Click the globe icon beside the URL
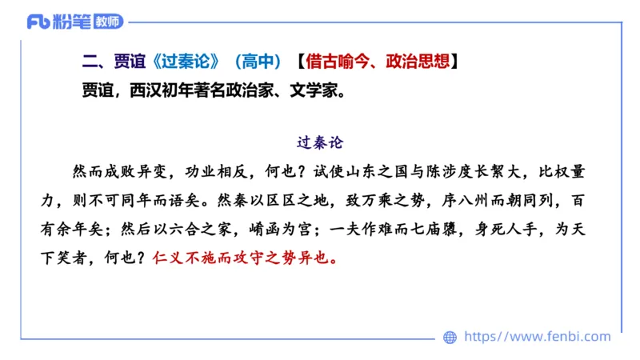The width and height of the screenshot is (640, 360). point(450,338)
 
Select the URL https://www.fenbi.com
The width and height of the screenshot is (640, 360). point(537,337)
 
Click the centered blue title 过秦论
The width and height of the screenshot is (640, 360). point(319,143)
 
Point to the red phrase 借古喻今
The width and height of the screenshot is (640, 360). point(337,62)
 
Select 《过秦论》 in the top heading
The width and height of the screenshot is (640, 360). point(189,62)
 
